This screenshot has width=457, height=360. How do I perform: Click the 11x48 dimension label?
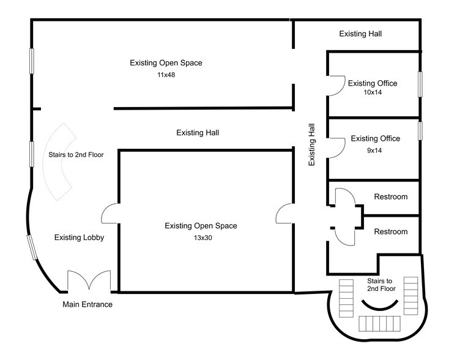click(x=166, y=75)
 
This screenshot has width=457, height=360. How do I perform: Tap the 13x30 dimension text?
click(x=203, y=238)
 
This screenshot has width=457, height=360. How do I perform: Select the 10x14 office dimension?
click(x=373, y=92)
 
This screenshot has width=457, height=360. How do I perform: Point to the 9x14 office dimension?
click(x=374, y=151)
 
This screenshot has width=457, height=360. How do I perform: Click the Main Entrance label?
click(x=87, y=304)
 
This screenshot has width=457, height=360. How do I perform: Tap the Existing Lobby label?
click(x=80, y=238)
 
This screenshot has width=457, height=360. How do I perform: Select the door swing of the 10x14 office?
click(x=336, y=86)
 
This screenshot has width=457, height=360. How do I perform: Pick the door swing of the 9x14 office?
click(x=336, y=148)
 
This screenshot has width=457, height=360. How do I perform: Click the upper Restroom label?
click(x=391, y=197)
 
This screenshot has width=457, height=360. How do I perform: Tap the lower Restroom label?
click(x=391, y=231)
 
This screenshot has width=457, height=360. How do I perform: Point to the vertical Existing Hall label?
click(x=311, y=144)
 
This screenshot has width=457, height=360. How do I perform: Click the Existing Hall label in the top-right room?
click(x=360, y=34)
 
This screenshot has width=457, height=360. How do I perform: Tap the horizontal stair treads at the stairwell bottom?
click(x=379, y=323)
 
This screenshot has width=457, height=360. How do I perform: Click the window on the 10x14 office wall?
click(x=420, y=84)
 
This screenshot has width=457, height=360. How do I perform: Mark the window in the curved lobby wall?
click(x=32, y=247)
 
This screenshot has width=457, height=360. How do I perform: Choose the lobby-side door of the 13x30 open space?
click(x=110, y=214)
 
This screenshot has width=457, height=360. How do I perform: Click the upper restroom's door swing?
click(x=345, y=197)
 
